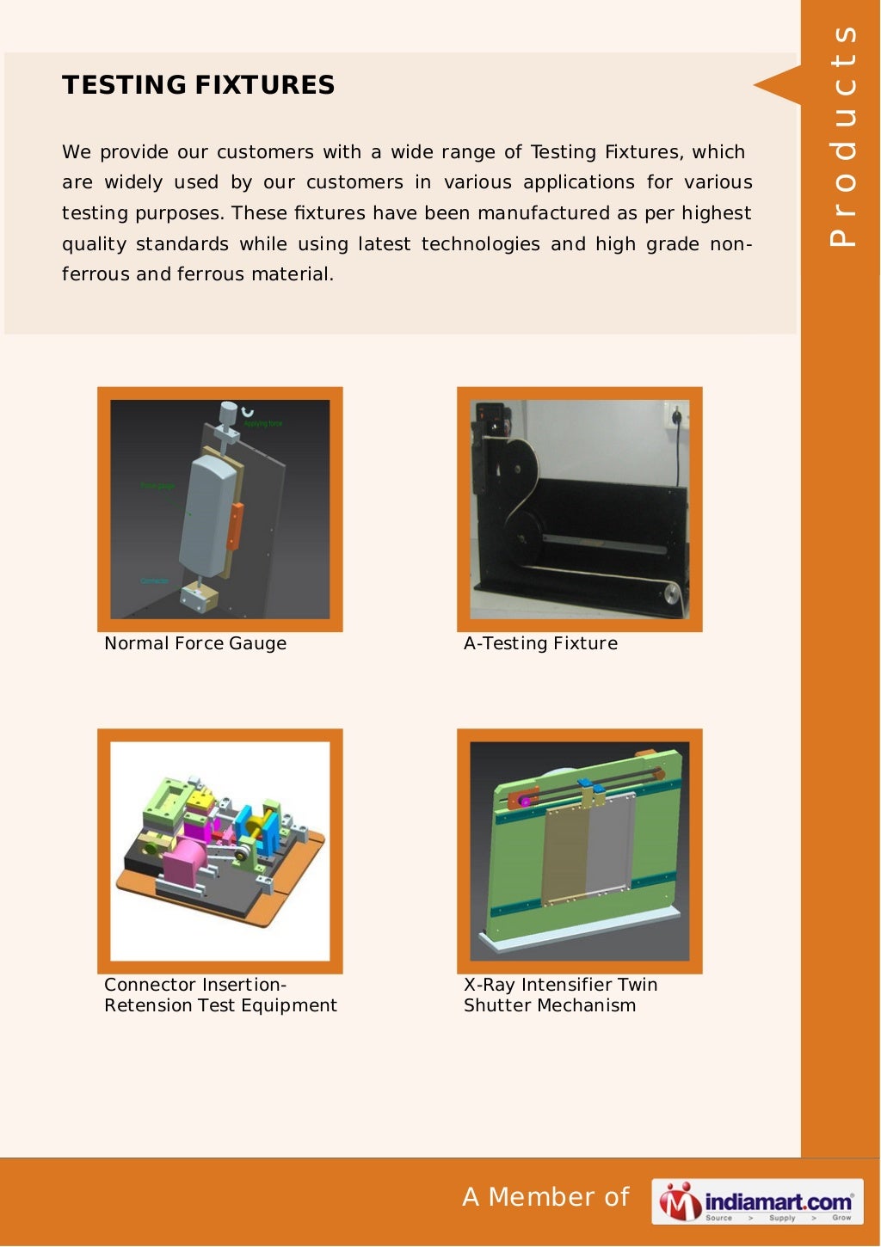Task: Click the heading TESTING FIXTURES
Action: point(198,85)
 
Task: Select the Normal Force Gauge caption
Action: point(195,643)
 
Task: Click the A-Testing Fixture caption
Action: point(540,643)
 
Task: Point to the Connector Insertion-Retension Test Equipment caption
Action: point(220,995)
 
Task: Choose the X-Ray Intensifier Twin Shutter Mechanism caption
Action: point(560,995)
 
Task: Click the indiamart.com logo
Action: point(757,1201)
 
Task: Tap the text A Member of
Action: point(545,1197)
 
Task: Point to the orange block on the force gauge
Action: point(234,525)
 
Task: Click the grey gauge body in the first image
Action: point(206,516)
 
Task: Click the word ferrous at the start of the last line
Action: point(95,274)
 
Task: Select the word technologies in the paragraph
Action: point(480,244)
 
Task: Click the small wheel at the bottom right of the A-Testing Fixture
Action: point(672,594)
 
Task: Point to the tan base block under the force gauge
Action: point(199,597)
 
